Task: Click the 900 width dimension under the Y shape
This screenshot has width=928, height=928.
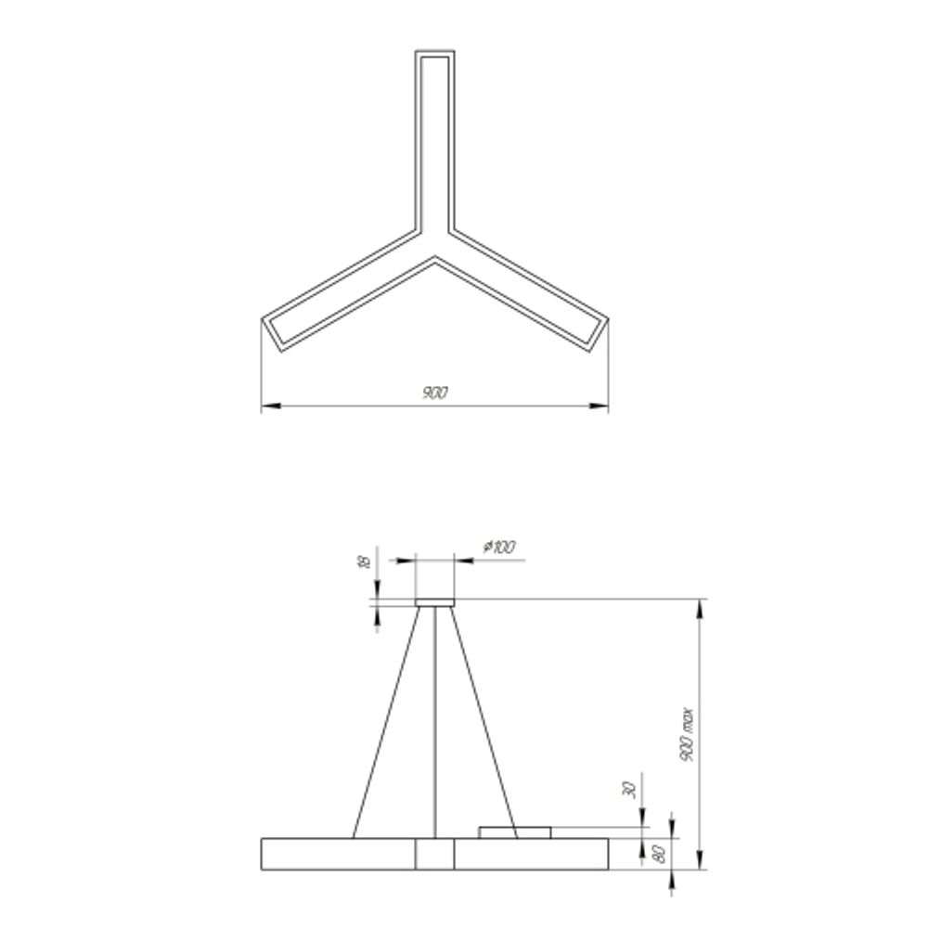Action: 434,393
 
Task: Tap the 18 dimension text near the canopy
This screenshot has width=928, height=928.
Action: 365,561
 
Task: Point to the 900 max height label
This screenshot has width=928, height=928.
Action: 687,735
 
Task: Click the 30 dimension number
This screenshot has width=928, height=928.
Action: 629,790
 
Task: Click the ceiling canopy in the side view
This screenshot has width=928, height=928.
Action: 434,603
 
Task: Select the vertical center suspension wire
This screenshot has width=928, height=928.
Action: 435,724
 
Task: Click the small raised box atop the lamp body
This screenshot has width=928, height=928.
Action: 514,831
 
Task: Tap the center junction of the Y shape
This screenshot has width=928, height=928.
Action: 434,243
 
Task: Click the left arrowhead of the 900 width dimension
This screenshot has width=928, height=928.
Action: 267,406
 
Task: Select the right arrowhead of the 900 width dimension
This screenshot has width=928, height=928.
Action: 602,406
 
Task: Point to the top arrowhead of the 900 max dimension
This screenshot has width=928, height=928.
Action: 699,605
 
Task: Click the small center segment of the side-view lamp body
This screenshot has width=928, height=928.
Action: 434,854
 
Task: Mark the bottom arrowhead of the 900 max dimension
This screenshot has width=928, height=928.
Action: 699,864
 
